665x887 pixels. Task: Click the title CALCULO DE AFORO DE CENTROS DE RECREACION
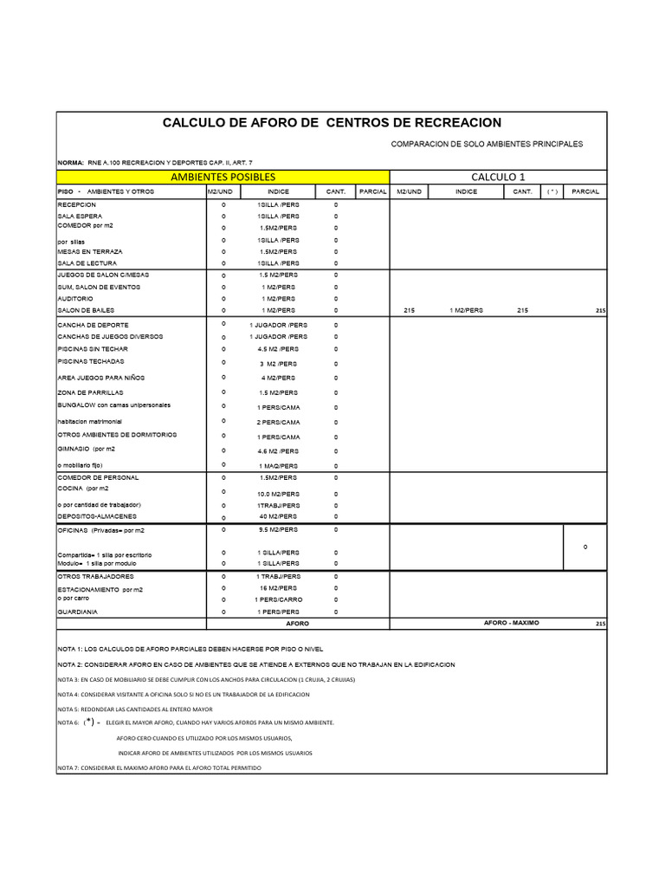point(332,123)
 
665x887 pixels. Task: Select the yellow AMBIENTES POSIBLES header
point(223,177)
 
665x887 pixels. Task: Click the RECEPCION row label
point(78,204)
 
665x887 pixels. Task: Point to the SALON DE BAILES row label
point(86,309)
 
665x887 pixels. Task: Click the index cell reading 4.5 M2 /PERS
point(278,349)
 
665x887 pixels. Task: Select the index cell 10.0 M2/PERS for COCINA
point(278,493)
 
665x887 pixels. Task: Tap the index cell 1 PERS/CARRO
point(278,599)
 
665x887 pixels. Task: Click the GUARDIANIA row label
point(78,612)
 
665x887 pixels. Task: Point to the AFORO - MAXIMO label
point(511,623)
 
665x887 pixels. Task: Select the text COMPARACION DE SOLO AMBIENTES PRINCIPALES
point(487,144)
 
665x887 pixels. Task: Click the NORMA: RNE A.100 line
point(155,163)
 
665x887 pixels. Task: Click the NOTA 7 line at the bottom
point(158,768)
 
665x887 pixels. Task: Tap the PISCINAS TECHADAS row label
point(91,361)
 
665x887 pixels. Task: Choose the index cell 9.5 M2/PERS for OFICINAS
point(278,528)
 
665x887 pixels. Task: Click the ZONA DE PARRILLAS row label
point(90,392)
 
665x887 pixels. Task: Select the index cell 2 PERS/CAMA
point(278,422)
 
